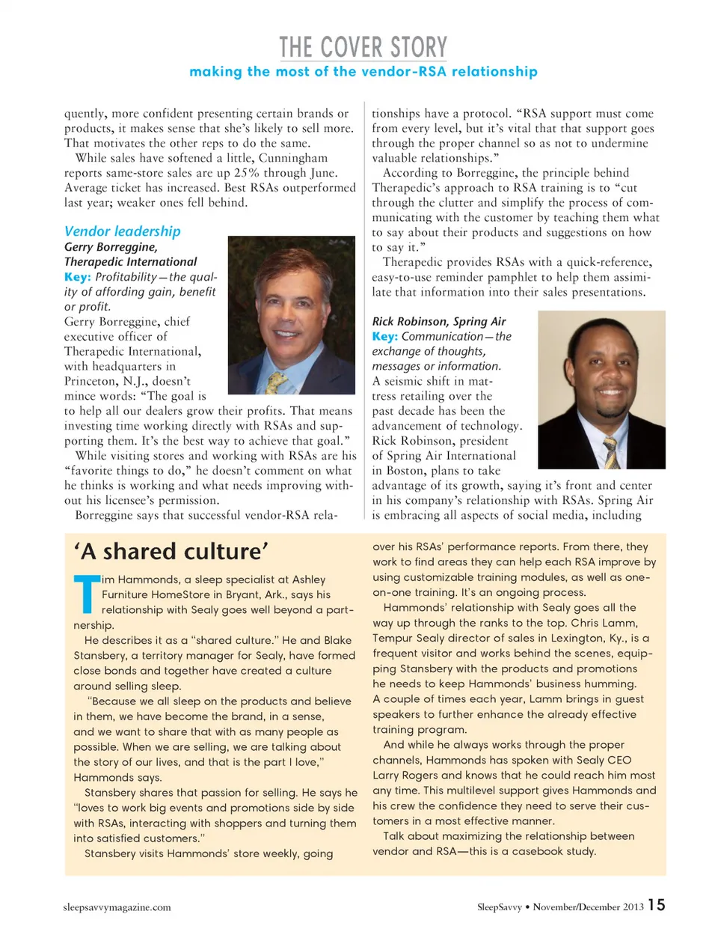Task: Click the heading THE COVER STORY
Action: point(363,47)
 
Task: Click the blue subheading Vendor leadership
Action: point(122,231)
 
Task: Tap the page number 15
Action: point(656,905)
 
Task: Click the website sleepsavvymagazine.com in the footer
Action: point(117,907)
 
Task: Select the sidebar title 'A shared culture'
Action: point(171,552)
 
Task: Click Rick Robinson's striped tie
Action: point(611,452)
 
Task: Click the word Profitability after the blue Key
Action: point(126,277)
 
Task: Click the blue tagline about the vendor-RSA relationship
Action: point(363,72)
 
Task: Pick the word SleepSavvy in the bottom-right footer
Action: point(499,907)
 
